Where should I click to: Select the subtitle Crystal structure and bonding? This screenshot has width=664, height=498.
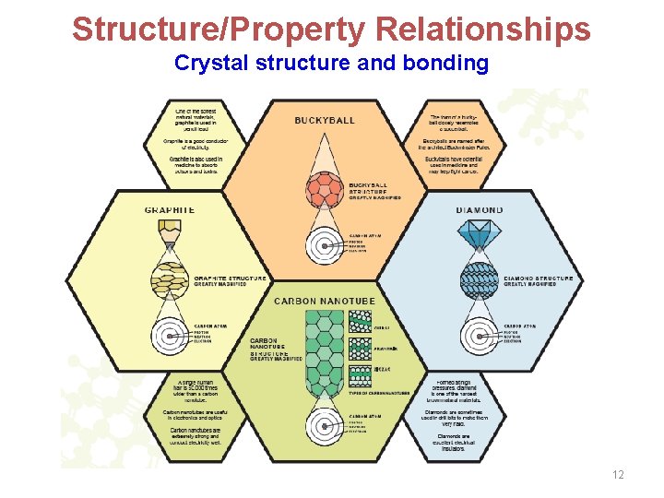[331, 64]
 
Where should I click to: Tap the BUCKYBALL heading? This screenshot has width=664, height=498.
[325, 121]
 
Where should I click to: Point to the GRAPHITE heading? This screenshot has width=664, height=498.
[170, 210]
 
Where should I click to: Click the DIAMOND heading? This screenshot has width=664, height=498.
[480, 210]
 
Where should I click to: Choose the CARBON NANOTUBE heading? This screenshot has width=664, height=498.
[325, 302]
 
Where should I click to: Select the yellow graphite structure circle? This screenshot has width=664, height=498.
[170, 280]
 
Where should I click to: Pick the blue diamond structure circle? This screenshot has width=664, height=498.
[480, 280]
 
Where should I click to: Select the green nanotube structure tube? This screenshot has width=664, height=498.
[325, 351]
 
